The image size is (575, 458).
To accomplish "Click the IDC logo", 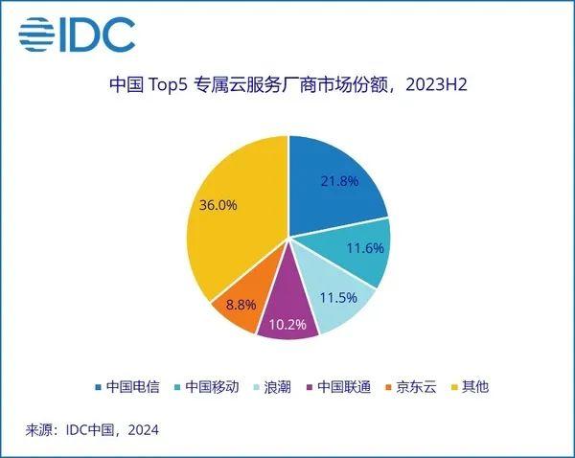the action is tap(77, 34).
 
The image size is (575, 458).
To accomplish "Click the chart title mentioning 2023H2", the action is tap(288, 85).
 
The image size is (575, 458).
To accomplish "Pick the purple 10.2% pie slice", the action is tap(287, 311).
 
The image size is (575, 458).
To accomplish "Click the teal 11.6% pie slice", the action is tap(359, 249).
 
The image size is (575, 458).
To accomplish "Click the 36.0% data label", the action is tap(218, 205).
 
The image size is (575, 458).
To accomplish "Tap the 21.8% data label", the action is tap(339, 181).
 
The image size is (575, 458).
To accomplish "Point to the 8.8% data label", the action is tap(241, 305).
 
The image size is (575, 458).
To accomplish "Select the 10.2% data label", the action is tap(287, 324).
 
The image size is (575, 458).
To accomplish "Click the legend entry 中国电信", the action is tap(127, 387).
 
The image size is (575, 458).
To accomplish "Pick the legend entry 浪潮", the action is tap(272, 387).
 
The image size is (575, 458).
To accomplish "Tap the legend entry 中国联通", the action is tap(338, 387).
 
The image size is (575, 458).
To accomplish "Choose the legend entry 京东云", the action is tap(411, 387).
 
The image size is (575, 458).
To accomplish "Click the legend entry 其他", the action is tap(470, 387).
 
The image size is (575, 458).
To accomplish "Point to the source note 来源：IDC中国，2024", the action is tap(92, 430).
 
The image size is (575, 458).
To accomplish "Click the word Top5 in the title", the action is tap(168, 85).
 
